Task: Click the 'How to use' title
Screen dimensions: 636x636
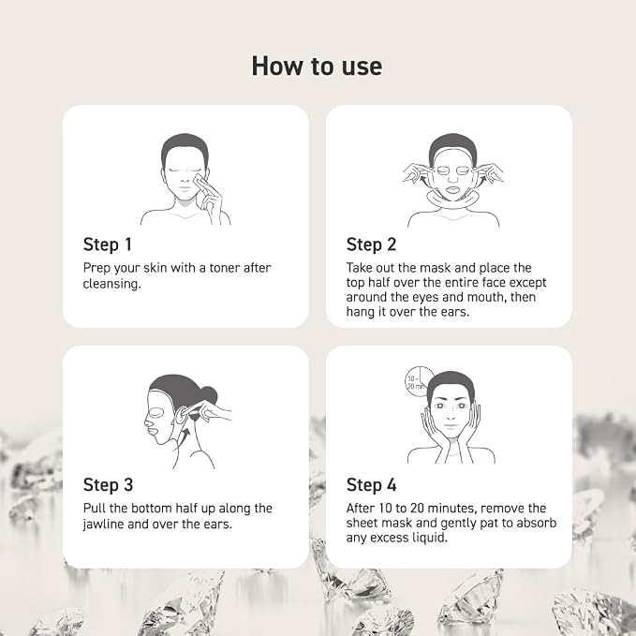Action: tap(317, 67)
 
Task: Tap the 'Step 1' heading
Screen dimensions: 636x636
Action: tap(108, 244)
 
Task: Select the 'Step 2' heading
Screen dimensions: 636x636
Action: tap(371, 244)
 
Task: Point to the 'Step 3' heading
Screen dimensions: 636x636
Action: tap(108, 484)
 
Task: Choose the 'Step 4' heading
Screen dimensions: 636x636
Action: tap(372, 484)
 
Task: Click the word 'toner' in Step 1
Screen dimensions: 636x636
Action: tap(224, 268)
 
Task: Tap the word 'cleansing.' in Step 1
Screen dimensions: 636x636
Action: tap(112, 284)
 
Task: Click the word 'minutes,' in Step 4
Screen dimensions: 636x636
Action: tap(452, 509)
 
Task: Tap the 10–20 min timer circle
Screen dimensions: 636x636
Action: tap(419, 381)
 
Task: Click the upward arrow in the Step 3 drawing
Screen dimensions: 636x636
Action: tap(185, 439)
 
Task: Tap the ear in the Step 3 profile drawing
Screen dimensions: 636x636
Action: tap(181, 415)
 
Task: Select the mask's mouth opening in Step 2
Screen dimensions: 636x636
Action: tap(452, 189)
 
